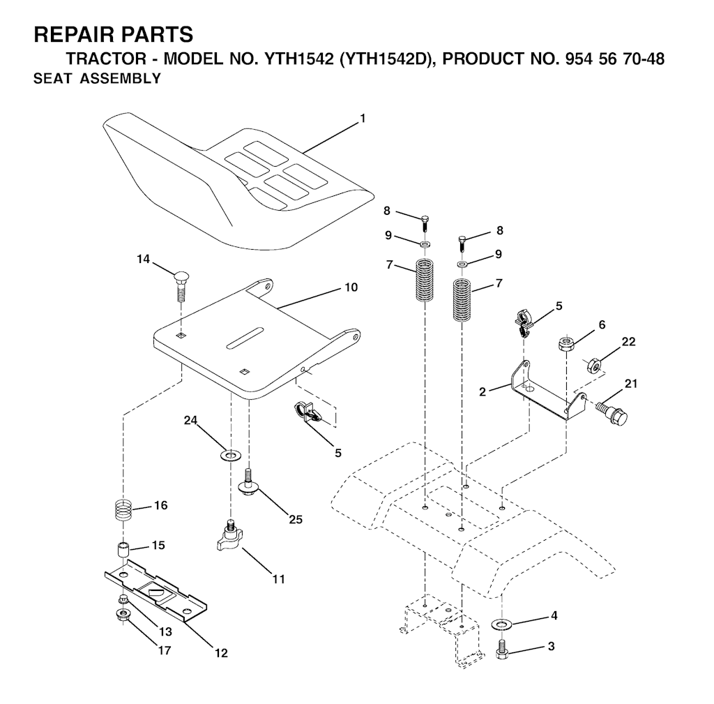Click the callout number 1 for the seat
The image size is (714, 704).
pyautogui.click(x=363, y=119)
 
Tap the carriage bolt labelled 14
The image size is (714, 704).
pyautogui.click(x=181, y=285)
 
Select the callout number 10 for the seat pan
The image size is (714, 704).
pyautogui.click(x=351, y=287)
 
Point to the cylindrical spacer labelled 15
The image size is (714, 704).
pyautogui.click(x=123, y=549)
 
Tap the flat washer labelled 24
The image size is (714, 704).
pyautogui.click(x=231, y=455)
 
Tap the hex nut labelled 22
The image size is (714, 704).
pyautogui.click(x=593, y=365)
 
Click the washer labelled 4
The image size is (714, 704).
pyautogui.click(x=501, y=623)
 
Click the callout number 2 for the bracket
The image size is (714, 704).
pyautogui.click(x=483, y=391)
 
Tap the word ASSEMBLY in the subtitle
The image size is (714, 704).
pyautogui.click(x=120, y=78)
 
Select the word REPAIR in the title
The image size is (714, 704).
pyautogui.click(x=73, y=35)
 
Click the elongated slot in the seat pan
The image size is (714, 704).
pyautogui.click(x=245, y=338)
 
